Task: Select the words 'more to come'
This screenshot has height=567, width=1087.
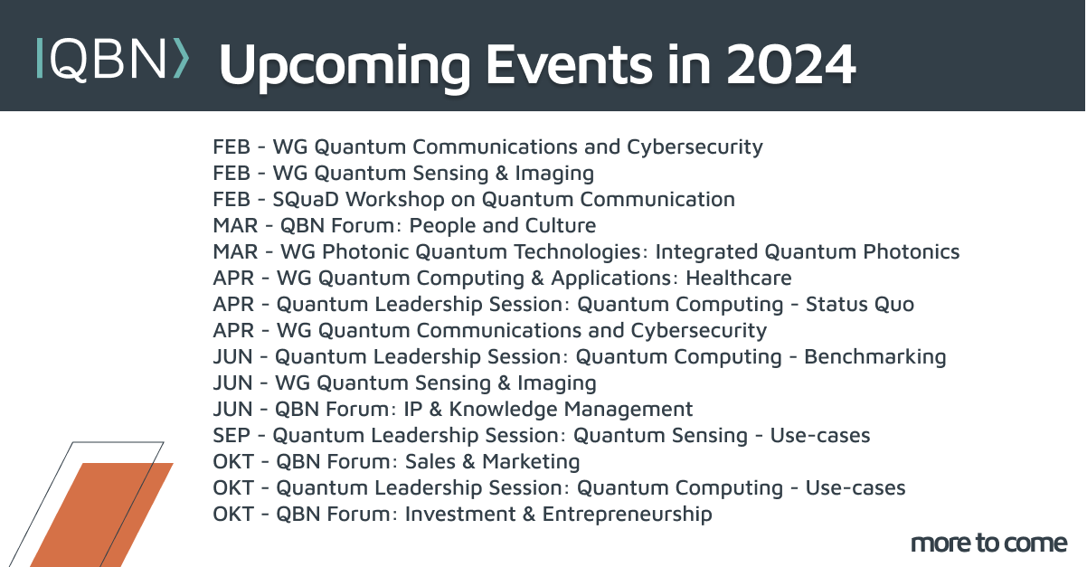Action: [988, 543]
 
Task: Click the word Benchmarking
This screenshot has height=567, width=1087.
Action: [874, 356]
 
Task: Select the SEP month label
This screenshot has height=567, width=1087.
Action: [232, 436]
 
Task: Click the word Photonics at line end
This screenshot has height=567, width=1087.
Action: [912, 251]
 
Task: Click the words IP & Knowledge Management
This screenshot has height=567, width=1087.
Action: [549, 409]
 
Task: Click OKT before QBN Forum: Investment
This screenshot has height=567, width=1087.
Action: [233, 515]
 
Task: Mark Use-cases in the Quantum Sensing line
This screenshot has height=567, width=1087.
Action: [819, 436]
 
